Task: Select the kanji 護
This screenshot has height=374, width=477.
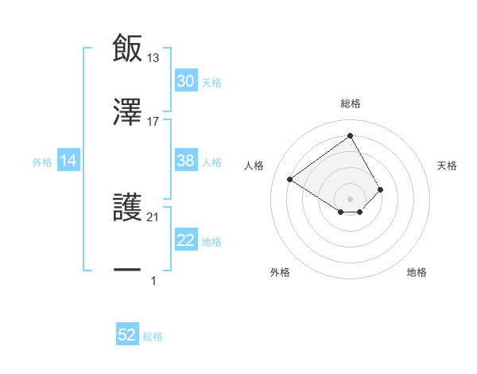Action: [127, 207]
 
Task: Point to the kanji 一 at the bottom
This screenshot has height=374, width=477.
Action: [127, 271]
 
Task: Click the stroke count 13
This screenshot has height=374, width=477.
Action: [153, 58]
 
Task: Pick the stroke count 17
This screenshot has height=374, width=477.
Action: [153, 122]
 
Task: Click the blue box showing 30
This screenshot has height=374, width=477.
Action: [186, 81]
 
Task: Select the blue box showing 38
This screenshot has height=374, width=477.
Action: [186, 161]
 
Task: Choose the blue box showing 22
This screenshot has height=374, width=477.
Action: [186, 240]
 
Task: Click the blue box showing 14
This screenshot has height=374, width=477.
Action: [68, 161]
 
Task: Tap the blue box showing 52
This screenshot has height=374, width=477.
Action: [127, 335]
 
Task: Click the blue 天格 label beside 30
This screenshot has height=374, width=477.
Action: [211, 82]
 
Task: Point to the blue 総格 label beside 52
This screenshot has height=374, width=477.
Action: [153, 336]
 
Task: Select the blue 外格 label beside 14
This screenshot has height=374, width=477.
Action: [42, 162]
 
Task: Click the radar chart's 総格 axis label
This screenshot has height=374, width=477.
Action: [351, 103]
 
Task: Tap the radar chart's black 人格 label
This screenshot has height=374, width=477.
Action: [254, 166]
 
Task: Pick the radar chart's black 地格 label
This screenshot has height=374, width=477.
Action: [417, 272]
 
